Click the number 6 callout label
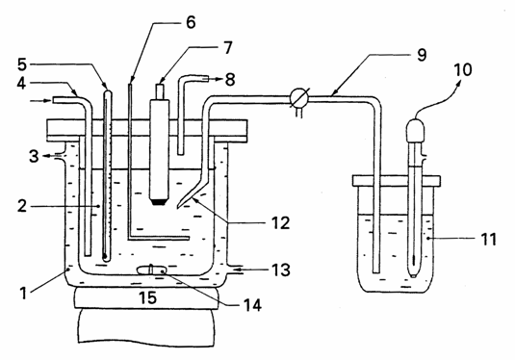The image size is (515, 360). (x=191, y=22)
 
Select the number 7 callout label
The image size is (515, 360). (x=227, y=47)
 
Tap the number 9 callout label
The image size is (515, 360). (x=422, y=55)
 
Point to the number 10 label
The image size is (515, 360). (x=463, y=70)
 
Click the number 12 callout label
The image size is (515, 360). (x=22, y=64)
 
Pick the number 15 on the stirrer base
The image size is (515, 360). (x=147, y=297)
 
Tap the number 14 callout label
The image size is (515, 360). (x=252, y=305)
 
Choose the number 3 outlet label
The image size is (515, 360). (x=34, y=156)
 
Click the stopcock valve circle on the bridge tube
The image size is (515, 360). (x=299, y=97)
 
